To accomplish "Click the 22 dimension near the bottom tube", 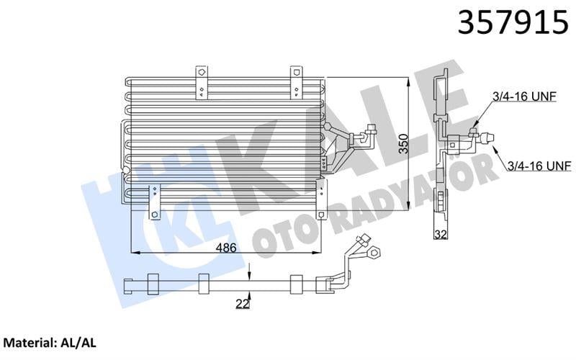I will pyautogui.click(x=241, y=305).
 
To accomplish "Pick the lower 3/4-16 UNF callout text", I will pyautogui.click(x=539, y=166).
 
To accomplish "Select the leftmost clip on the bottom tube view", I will pyautogui.click(x=152, y=284).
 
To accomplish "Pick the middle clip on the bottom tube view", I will pyautogui.click(x=203, y=284).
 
